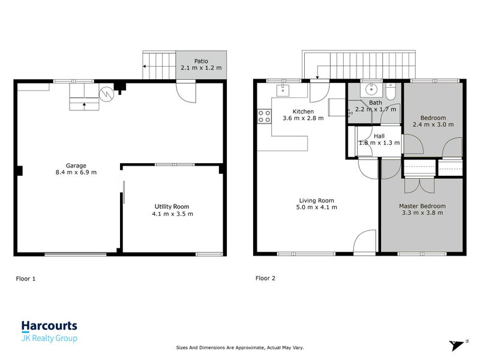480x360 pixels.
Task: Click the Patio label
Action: coord(201,60)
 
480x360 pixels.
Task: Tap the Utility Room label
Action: coord(172,206)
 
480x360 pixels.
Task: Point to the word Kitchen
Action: coord(303,111)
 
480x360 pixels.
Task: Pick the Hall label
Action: coord(379,136)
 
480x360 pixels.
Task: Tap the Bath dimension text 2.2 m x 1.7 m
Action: coord(376,109)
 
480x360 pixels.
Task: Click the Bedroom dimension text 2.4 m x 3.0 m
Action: coord(433,124)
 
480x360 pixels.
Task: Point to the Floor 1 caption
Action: coord(25,278)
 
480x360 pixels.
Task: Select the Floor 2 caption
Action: coord(265,278)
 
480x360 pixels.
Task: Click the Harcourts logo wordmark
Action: coord(49,326)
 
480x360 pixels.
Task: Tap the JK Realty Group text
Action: coord(49,338)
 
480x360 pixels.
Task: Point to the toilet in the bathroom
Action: coord(391,92)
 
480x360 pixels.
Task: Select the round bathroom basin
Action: coord(370,91)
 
